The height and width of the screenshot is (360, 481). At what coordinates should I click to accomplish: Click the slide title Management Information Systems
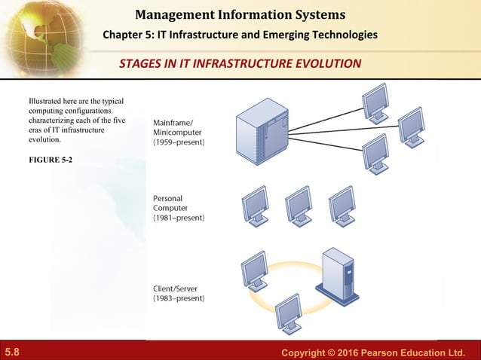pyautogui.click(x=240, y=14)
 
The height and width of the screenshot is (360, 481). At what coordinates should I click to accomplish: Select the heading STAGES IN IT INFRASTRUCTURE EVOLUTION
pyautogui.click(x=240, y=63)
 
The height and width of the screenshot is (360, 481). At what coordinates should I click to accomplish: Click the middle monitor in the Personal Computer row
pyautogui.click(x=299, y=205)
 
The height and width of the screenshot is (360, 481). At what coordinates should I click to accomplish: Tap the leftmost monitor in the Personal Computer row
pyautogui.click(x=255, y=205)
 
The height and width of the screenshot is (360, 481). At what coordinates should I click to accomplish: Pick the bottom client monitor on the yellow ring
pyautogui.click(x=289, y=313)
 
